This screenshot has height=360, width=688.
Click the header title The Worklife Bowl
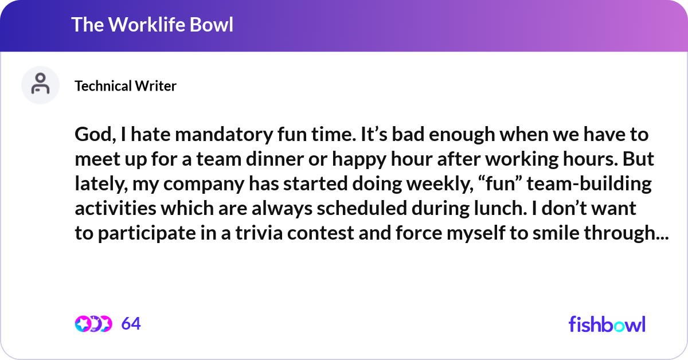click(152, 25)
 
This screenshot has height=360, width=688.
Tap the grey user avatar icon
click(40, 85)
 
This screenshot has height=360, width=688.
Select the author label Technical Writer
click(126, 86)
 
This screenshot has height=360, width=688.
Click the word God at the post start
click(92, 136)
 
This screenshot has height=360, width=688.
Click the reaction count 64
click(131, 324)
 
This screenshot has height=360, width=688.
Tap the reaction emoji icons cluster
click(93, 324)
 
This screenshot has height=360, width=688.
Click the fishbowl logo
click(607, 324)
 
